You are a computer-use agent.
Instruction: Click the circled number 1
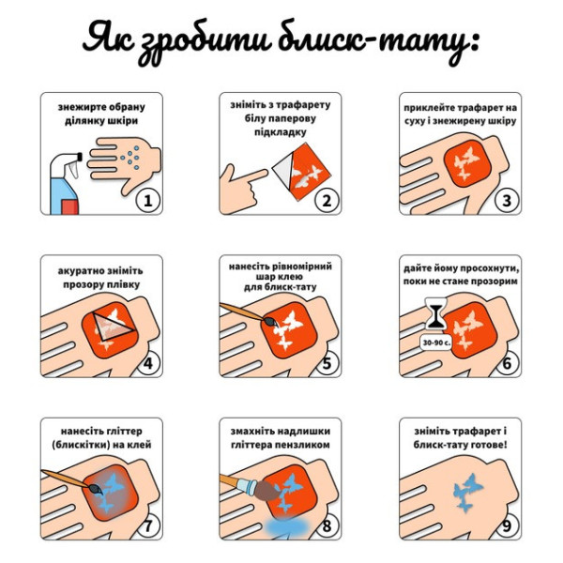pos(146,199)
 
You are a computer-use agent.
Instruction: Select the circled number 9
pos(506,525)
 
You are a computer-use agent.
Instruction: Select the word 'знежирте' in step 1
pos(79,106)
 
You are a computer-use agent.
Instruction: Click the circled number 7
pos(146,525)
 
